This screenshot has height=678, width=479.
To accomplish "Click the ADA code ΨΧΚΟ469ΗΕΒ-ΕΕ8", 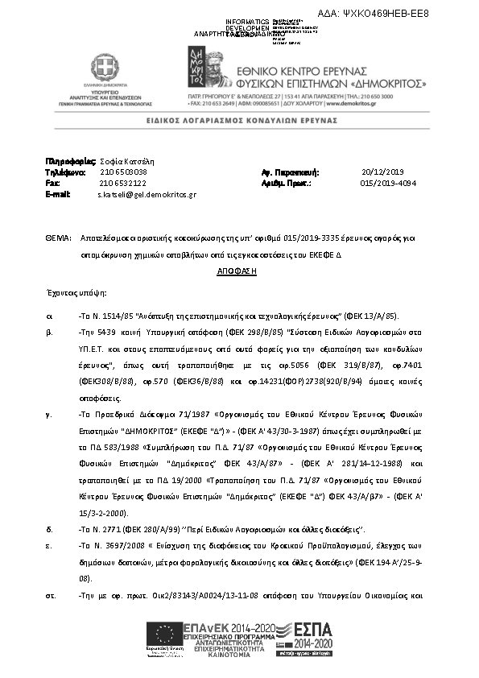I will pyautogui.click(x=419, y=14).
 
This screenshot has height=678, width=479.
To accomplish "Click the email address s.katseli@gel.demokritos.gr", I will pyautogui.click(x=147, y=195).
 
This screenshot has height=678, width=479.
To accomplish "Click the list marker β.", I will pyautogui.click(x=49, y=331).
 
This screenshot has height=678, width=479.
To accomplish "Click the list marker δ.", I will pyautogui.click(x=49, y=529).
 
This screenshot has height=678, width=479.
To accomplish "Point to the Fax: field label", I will pyautogui.click(x=53, y=183).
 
